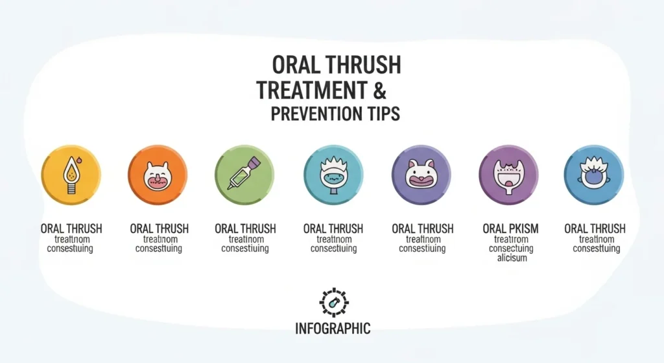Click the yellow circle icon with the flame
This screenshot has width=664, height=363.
[71, 175]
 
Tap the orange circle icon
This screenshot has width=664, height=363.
[158, 175]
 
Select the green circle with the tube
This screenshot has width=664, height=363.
[244, 175]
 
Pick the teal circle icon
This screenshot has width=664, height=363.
[333, 175]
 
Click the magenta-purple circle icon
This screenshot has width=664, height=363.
[508, 175]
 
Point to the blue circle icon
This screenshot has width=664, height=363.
[594, 175]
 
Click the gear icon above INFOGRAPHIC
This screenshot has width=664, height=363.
[334, 303]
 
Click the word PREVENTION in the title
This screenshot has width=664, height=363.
[311, 114]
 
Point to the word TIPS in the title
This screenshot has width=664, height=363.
[381, 114]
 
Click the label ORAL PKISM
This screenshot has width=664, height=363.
[510, 229]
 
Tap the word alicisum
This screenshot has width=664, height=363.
[512, 258]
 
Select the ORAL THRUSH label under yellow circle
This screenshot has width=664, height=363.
[71, 229]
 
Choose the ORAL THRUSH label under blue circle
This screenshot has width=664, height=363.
[595, 229]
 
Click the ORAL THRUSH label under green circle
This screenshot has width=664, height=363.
[245, 229]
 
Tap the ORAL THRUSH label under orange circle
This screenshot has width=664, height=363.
[159, 229]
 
